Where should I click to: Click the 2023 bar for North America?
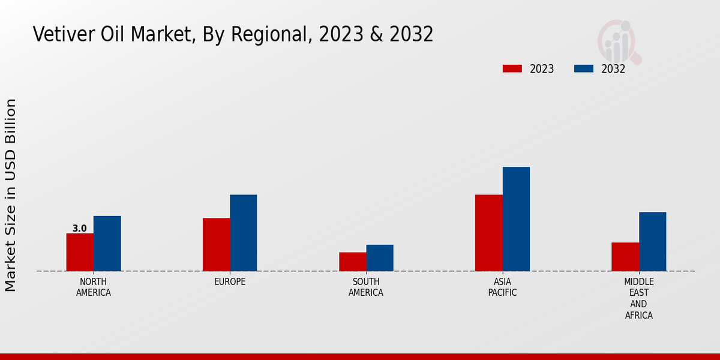click(x=80, y=252)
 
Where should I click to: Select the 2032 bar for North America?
click(x=107, y=244)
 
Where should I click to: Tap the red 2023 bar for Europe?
click(x=216, y=244)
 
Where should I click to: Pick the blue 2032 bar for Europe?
click(x=243, y=233)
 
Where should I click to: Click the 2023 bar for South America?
click(x=352, y=262)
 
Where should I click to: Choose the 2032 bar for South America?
click(x=380, y=258)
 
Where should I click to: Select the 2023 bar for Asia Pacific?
click(x=488, y=233)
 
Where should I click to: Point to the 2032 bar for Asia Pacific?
click(x=516, y=219)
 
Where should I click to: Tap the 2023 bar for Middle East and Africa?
click(x=625, y=257)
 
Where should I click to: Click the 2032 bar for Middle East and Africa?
click(x=652, y=241)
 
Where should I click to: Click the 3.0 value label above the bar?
click(x=80, y=228)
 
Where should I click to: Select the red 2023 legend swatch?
click(x=512, y=68)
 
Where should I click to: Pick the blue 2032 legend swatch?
click(x=583, y=68)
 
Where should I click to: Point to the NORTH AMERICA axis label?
click(x=94, y=287)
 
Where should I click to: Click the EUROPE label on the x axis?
click(x=230, y=282)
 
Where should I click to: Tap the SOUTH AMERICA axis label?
click(x=366, y=287)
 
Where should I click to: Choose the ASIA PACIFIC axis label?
click(x=502, y=287)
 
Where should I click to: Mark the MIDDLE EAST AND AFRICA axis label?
click(x=639, y=298)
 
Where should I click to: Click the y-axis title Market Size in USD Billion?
click(x=11, y=195)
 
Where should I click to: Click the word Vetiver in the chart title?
click(x=59, y=35)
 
